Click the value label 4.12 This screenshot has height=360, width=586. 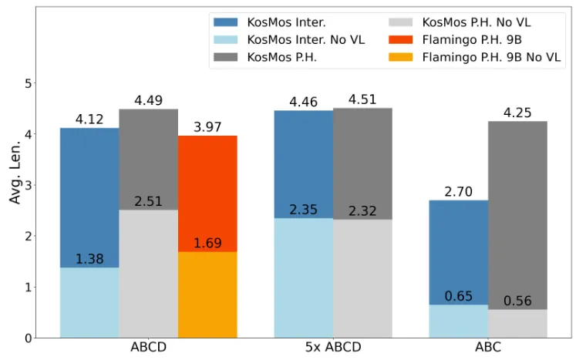coord(89,119)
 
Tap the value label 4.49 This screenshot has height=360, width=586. coord(148,100)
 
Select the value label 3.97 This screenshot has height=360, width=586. coord(207,127)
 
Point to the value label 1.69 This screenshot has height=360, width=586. coord(207,244)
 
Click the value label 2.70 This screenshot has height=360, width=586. coord(458,192)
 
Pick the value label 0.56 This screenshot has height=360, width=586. coord(517,301)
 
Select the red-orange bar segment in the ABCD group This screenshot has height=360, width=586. coord(207,193)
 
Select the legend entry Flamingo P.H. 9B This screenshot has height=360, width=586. coord(470,39)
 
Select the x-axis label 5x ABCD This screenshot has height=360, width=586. coord(333,348)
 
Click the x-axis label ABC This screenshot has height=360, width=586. coord(487,348)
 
